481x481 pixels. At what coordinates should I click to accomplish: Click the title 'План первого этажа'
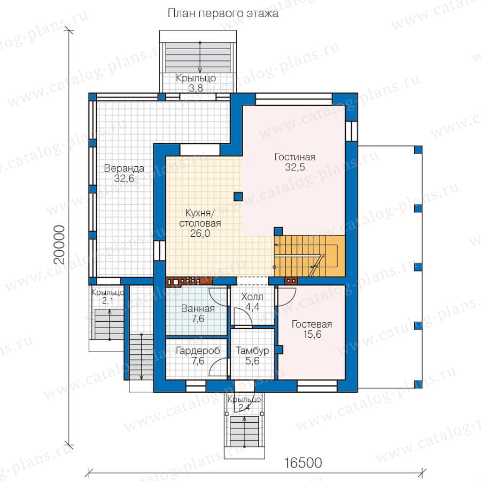point(223,13)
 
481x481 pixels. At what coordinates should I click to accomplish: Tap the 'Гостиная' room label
point(295,157)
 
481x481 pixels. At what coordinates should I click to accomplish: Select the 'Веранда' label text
point(124,168)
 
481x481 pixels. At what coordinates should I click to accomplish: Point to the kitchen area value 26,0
point(200,234)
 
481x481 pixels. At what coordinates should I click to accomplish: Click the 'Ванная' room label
point(198,308)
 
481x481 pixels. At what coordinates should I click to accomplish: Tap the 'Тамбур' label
point(252,351)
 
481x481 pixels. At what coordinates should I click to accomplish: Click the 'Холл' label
point(252,297)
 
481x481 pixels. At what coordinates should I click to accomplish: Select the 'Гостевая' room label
point(312,324)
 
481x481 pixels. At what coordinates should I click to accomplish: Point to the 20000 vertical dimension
point(59,245)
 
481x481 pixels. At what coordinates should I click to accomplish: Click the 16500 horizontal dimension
point(303,463)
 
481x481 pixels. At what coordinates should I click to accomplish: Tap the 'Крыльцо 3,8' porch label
point(196,83)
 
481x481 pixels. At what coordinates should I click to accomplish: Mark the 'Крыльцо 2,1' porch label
point(107,296)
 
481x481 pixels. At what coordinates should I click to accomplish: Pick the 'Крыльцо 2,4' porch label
point(244,404)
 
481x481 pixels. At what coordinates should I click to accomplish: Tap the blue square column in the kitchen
point(238,197)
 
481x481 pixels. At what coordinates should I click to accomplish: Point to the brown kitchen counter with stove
point(189,281)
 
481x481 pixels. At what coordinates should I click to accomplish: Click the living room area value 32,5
point(295,167)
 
